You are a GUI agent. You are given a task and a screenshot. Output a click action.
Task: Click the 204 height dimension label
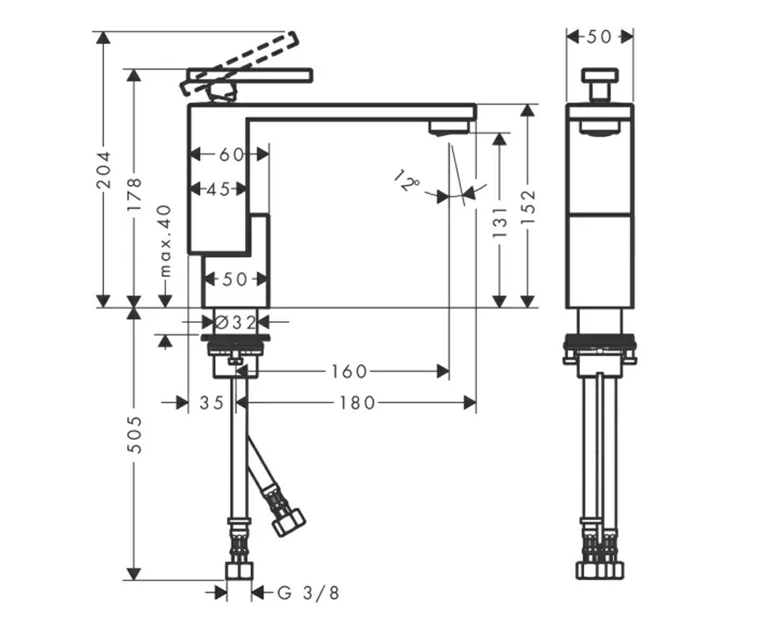pyautogui.click(x=103, y=170)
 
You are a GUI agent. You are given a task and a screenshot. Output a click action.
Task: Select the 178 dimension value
pyautogui.click(x=134, y=194)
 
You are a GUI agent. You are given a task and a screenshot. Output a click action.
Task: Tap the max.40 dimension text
pyautogui.click(x=166, y=241)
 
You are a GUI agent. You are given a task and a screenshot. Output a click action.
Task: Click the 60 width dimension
pyautogui.click(x=231, y=155)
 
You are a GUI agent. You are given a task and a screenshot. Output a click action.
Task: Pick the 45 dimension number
pyautogui.click(x=219, y=189)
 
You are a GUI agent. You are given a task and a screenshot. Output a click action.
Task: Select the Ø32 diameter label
pyautogui.click(x=236, y=322)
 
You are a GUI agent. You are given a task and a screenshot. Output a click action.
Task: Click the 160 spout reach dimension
pyautogui.click(x=349, y=371)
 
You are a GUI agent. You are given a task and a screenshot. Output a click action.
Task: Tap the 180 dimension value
pyautogui.click(x=357, y=403)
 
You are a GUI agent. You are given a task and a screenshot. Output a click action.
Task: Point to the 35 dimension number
pyautogui.click(x=211, y=403)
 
